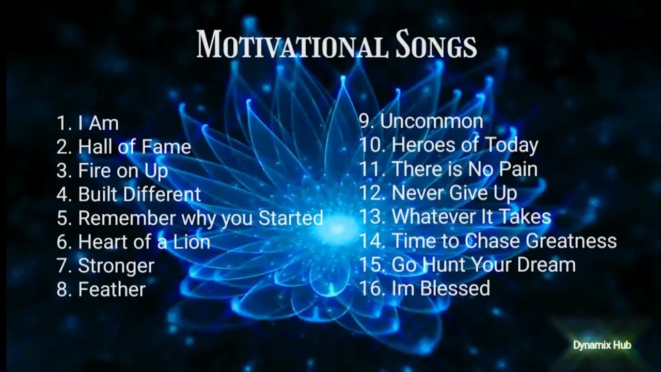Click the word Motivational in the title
(292, 44)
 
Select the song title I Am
(98, 123)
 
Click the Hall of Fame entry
(134, 147)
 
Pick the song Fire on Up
(123, 171)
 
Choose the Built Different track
(139, 195)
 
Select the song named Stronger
(116, 266)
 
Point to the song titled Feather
(112, 289)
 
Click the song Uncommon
(431, 122)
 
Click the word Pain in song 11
(514, 169)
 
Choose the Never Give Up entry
(454, 193)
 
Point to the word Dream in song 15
(547, 265)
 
